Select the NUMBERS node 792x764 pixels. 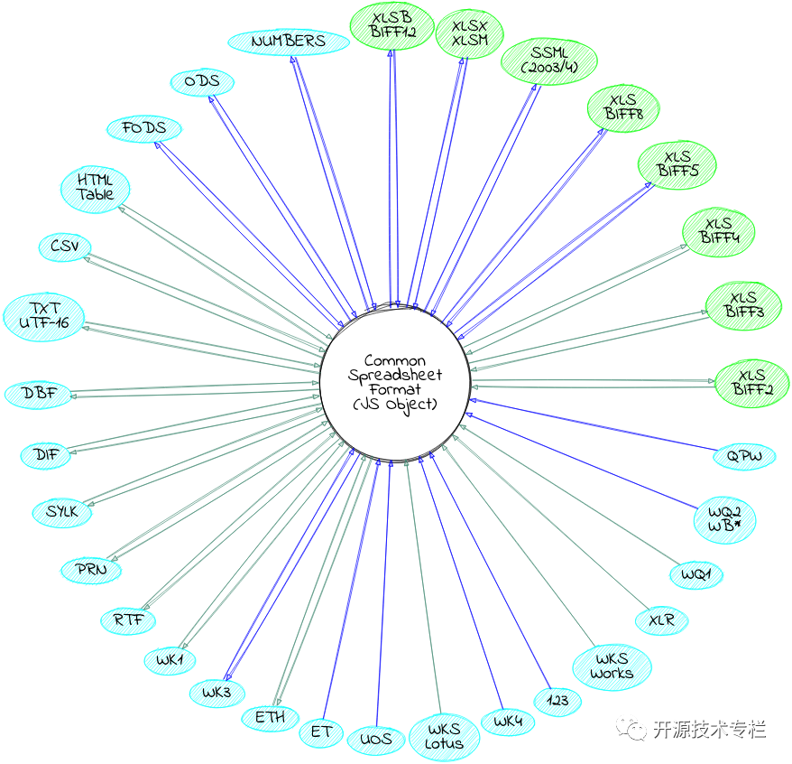click(x=289, y=42)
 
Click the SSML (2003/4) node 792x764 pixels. click(x=543, y=61)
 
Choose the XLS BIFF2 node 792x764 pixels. click(x=751, y=382)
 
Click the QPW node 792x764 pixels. click(x=744, y=456)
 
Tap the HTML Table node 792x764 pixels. click(x=96, y=188)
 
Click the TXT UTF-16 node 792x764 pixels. click(x=44, y=315)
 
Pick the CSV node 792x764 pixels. click(x=65, y=246)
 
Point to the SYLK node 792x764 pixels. click(x=62, y=512)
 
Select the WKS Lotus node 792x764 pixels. click(x=444, y=737)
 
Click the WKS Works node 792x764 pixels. click(x=612, y=666)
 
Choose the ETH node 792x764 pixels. click(x=271, y=718)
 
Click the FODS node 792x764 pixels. click(x=144, y=128)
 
